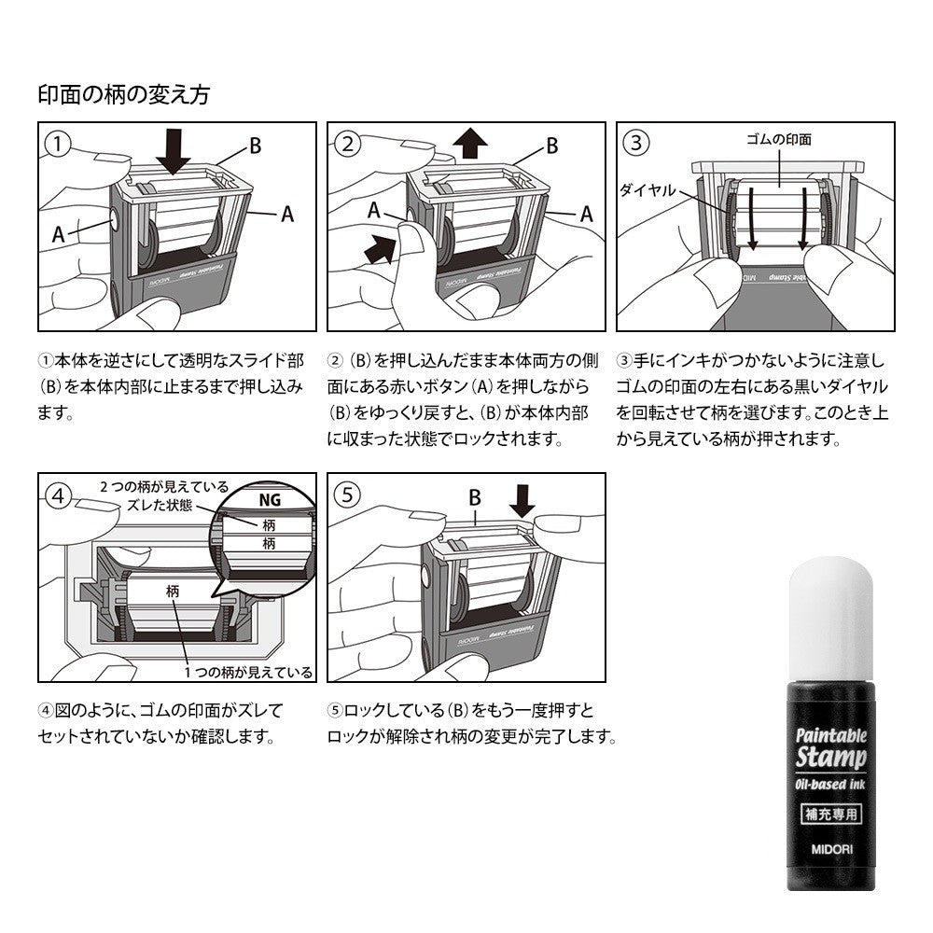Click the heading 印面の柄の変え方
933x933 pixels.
[x=124, y=94]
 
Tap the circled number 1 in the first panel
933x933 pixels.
[x=58, y=144]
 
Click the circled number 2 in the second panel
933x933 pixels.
[x=347, y=144]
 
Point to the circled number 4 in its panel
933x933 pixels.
[x=58, y=495]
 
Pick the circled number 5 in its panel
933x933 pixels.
[x=347, y=495]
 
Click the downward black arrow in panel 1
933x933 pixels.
[x=174, y=152]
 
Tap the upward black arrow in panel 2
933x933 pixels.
[x=470, y=144]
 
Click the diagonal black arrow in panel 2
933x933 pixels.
[x=379, y=249]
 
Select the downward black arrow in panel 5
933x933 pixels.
[x=522, y=501]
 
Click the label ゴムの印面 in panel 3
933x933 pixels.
[x=779, y=140]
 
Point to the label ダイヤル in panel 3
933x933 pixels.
[x=648, y=190]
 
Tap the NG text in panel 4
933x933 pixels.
[x=270, y=500]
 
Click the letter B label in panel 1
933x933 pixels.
[x=256, y=146]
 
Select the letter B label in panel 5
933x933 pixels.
[x=474, y=497]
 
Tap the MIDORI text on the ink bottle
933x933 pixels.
[x=831, y=849]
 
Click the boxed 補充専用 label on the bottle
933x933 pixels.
[x=831, y=814]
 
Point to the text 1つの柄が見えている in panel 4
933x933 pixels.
[x=248, y=673]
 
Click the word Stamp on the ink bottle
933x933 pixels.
[x=830, y=758]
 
